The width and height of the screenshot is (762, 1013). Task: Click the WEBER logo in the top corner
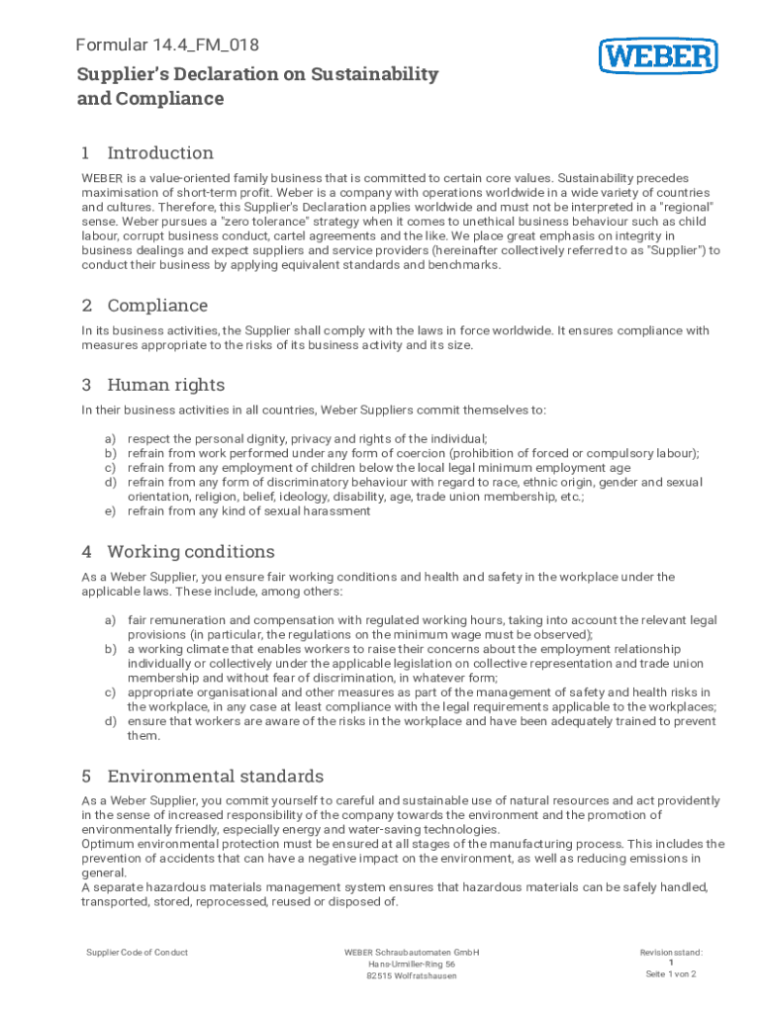658,55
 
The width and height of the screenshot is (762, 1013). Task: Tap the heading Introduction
160,153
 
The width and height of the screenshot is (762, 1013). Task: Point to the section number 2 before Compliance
87,306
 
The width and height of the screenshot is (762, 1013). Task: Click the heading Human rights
165,385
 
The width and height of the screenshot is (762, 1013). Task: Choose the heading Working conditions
191,552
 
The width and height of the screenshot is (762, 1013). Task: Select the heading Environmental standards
215,777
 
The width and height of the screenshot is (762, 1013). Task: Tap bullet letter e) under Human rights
110,511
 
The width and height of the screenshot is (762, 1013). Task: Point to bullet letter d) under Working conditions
110,721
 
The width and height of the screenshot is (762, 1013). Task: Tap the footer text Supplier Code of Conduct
138,953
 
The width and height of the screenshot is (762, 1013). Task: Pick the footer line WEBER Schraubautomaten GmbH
412,953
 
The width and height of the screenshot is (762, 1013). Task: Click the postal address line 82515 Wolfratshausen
412,976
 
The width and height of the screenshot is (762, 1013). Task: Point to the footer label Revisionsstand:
671,953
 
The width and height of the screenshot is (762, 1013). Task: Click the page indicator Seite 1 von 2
671,974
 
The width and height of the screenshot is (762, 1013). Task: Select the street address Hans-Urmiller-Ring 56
412,965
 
